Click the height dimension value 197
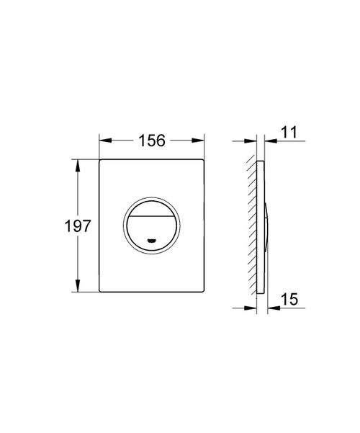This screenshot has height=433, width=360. click(x=76, y=226)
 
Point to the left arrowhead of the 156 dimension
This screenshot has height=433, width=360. click(x=102, y=140)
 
